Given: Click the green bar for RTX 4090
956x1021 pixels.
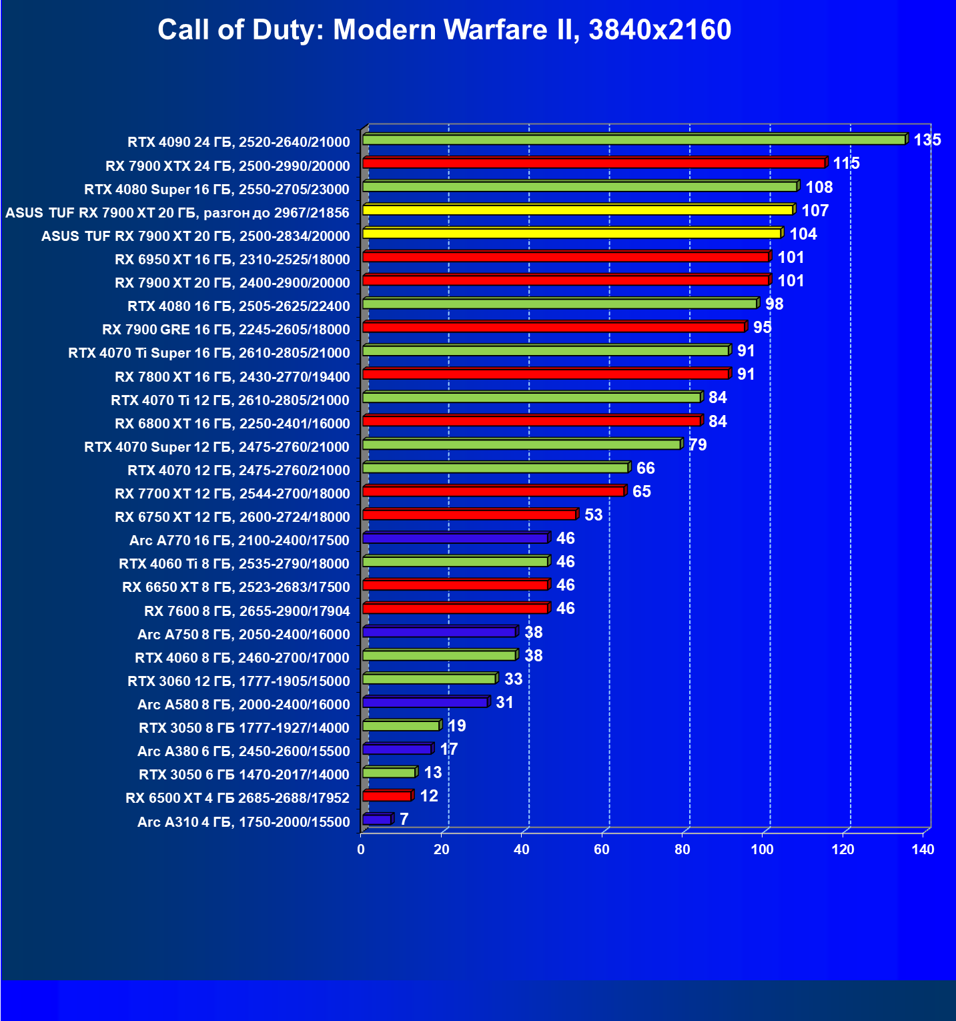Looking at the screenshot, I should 634,139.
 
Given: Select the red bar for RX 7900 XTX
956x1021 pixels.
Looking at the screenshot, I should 594,163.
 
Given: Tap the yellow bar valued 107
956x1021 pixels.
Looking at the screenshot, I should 578,210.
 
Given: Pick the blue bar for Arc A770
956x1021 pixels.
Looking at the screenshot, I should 456,538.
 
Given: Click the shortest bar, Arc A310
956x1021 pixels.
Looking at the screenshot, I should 377,819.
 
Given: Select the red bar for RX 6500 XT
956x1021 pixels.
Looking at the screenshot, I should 387,796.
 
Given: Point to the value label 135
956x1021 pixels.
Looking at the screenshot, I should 927,139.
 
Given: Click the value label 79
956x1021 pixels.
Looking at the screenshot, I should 698,445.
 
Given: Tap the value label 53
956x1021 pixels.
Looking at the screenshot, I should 593,515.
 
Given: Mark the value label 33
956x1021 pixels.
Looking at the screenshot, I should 513,679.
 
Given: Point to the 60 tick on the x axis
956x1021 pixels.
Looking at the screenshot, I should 602,849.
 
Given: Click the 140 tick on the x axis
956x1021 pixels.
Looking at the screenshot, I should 923,849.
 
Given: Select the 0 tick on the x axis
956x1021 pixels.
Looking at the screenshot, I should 361,849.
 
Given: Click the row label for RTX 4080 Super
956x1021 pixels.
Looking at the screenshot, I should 217,190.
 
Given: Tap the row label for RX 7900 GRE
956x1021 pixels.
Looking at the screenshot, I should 226,330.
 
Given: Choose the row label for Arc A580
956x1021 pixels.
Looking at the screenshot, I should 244,705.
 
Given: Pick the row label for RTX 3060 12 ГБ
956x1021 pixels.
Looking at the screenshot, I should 239,681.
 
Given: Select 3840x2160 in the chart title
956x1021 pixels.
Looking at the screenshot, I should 660,30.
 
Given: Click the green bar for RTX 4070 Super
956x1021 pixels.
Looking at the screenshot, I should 522,444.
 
